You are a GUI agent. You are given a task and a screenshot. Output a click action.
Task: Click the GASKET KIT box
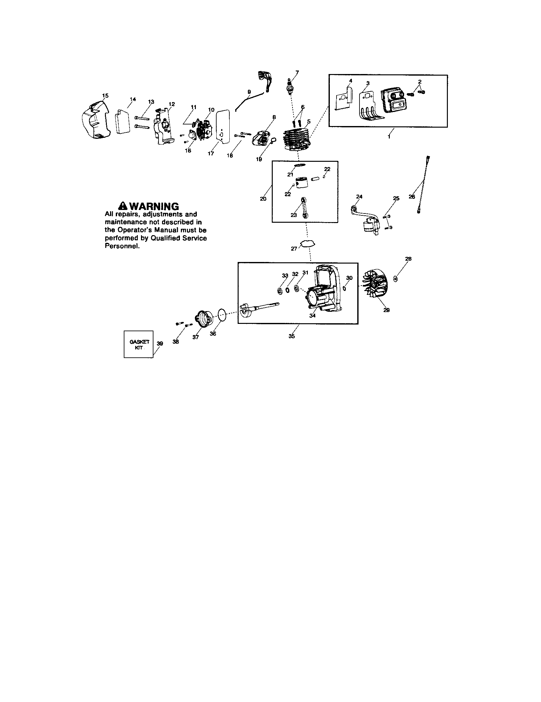coord(139,344)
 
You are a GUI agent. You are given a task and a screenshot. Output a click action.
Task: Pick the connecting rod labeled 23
coord(306,208)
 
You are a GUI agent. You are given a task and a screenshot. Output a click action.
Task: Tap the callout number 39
coord(160,344)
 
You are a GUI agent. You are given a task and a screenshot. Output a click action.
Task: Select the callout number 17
coord(211,154)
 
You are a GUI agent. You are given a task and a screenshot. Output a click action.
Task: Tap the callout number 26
coord(412,197)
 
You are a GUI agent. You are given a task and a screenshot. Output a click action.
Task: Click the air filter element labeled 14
coord(122,121)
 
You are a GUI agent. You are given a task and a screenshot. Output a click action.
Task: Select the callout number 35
coord(291,336)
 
